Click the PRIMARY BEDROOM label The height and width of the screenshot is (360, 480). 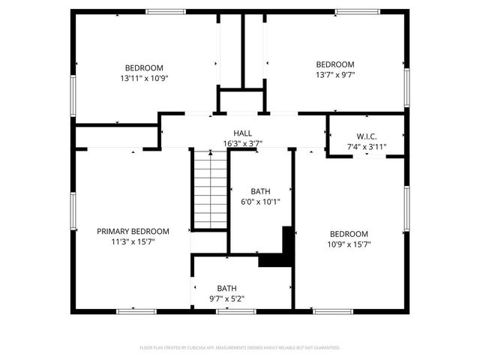pos(133,231)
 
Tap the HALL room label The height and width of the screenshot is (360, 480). pos(242,133)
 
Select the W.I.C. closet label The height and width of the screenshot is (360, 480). pos(366,136)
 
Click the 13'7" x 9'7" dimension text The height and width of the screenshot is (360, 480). pos(334,74)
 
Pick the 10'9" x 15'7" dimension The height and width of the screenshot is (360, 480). pos(349,244)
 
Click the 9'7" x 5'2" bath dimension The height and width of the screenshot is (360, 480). pos(226,298)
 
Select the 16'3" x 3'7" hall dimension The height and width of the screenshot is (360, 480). pos(242,143)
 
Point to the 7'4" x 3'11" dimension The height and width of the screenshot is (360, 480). pos(366,146)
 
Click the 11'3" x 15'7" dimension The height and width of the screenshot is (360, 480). pos(133,241)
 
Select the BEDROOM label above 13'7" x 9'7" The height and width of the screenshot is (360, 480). pos(334,64)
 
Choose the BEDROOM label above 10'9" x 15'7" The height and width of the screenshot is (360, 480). pos(349,233)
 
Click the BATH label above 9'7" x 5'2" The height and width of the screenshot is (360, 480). pos(226,288)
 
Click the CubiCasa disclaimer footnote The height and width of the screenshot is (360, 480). pos(240,348)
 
